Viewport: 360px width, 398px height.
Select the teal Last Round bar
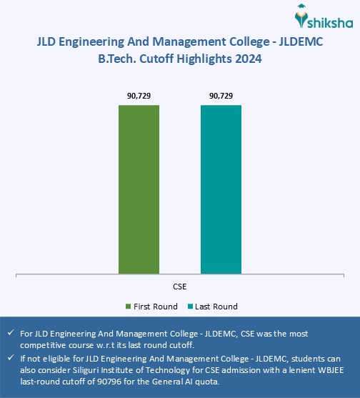coord(221,189)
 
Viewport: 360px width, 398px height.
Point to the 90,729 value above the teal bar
coord(221,96)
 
